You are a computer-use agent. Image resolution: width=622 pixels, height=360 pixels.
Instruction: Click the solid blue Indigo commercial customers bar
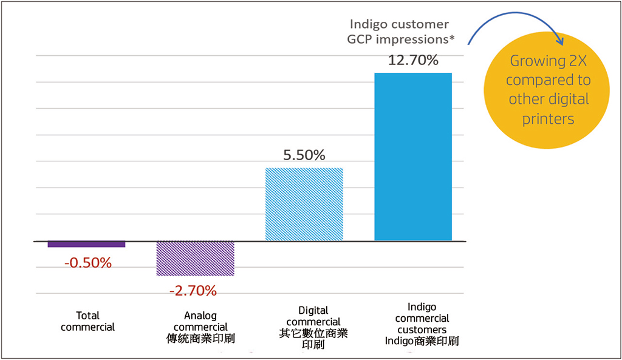coord(413,157)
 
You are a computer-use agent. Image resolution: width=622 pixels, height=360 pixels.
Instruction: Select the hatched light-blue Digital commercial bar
coord(305,204)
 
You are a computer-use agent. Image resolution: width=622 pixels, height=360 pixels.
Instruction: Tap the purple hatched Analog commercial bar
coord(196,259)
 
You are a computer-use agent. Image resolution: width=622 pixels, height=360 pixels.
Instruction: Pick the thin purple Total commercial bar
coord(86,244)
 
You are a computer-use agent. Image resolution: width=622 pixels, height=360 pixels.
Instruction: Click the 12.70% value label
coord(413,61)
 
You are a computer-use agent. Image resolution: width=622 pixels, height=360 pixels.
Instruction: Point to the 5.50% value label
coord(305,155)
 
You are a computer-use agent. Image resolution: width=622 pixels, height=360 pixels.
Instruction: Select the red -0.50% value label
coord(88,263)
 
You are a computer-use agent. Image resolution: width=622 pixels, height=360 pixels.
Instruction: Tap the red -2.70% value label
coord(193,291)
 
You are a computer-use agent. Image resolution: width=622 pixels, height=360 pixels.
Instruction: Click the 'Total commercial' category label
coord(88,321)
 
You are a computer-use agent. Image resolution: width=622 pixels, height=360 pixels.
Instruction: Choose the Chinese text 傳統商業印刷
coord(200,338)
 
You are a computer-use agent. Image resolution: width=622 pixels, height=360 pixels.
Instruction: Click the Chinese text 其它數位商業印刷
coord(313,339)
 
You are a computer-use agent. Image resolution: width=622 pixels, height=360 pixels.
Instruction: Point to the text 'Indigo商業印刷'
coord(422,341)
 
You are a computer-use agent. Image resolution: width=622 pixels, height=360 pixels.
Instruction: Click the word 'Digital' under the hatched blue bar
coord(313,311)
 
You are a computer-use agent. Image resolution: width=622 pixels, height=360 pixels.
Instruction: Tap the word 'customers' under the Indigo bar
coord(422,330)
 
